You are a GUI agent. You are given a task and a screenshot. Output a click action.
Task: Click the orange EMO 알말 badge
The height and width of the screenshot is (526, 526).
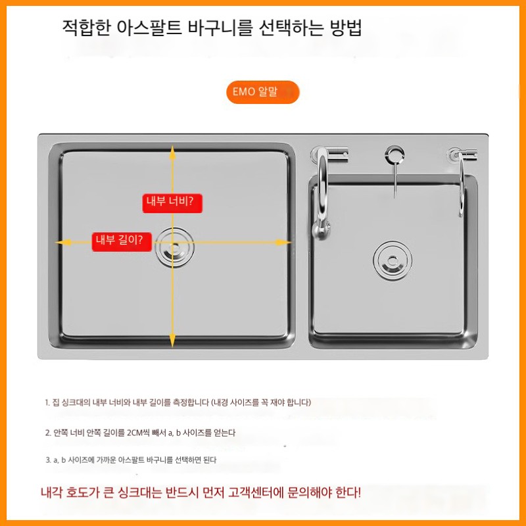262,92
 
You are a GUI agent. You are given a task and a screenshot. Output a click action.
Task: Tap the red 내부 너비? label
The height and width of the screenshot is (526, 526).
172,203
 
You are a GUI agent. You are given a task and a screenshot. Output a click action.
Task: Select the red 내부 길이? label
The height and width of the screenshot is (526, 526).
122,241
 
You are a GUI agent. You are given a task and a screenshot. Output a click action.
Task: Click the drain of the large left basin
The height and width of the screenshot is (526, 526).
174,247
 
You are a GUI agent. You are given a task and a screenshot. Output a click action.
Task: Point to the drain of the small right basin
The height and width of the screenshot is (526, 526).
393,260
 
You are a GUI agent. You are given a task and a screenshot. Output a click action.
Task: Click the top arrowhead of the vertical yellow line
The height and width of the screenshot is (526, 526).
172,152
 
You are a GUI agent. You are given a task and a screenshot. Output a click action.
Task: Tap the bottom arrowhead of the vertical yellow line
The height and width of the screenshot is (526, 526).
172,341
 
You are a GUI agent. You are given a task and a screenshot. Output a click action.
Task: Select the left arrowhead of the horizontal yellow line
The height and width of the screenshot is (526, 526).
63,242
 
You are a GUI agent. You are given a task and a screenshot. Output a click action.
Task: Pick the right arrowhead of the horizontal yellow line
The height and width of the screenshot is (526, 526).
283,242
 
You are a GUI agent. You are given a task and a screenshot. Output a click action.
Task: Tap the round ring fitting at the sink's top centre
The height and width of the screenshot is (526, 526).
394,155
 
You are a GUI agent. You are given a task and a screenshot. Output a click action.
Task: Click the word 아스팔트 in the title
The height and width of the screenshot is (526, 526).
149,28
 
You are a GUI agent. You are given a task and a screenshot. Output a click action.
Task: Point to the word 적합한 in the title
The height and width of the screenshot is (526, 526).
86,28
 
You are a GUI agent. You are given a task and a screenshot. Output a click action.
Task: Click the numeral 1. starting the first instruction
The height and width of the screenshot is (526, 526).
47,402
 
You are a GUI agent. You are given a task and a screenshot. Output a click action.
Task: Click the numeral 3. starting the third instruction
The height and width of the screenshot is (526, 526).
48,460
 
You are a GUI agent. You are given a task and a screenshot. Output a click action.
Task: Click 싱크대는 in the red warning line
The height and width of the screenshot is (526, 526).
140,492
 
